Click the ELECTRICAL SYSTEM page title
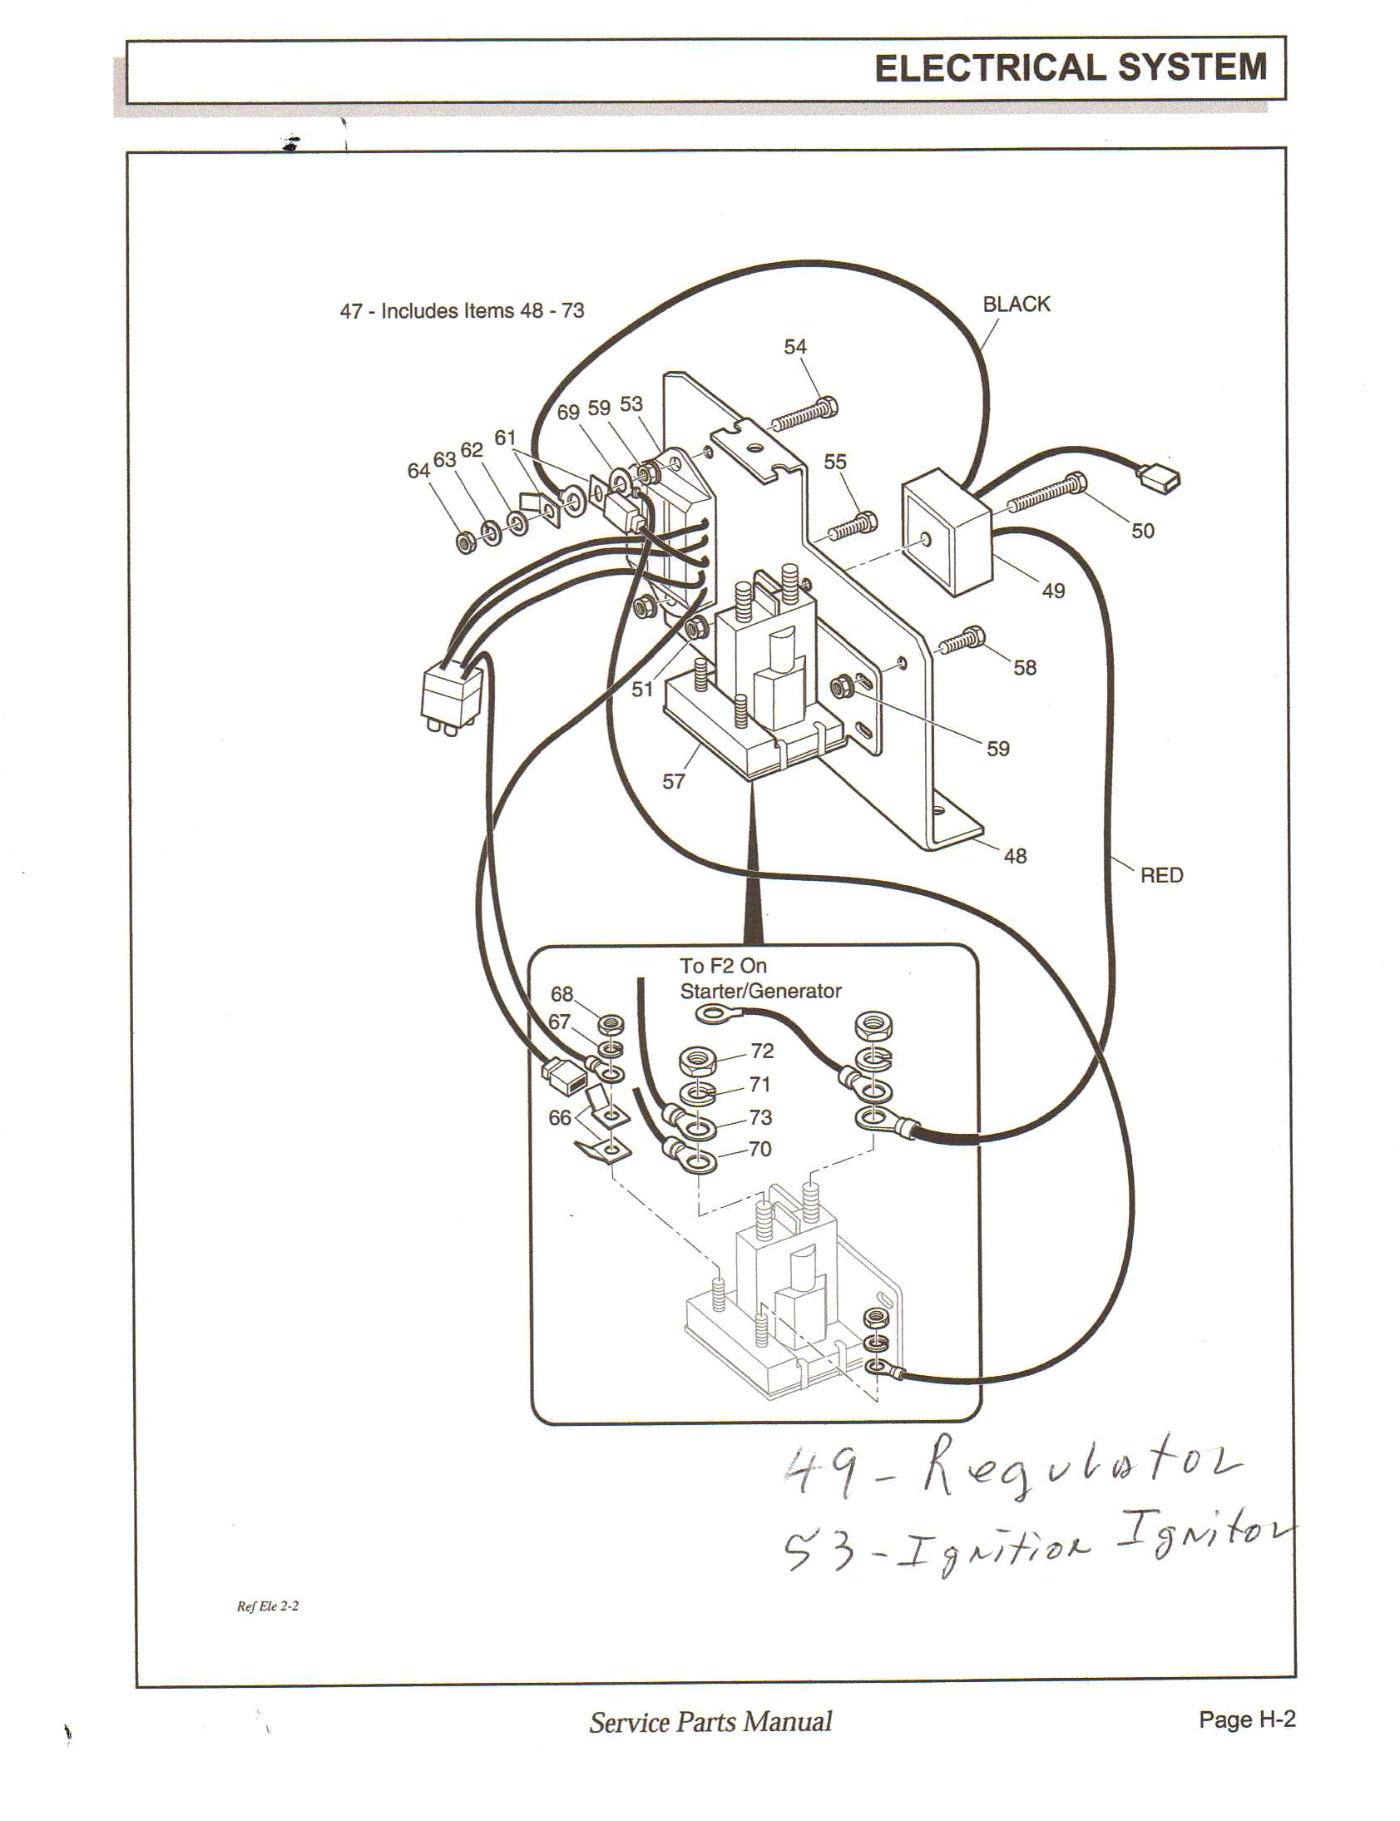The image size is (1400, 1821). point(1070,68)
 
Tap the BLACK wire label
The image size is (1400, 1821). point(1016,304)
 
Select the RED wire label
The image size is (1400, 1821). point(1160,875)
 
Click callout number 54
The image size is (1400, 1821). point(795,347)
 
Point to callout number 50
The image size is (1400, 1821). point(1142,531)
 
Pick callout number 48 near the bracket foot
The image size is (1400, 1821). point(1015,856)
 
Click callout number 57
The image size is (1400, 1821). point(673,782)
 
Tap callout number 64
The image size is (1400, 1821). point(418,471)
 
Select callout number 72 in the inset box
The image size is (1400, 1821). point(762,1051)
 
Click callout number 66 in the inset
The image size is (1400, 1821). point(560,1117)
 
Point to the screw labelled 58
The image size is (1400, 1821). point(963,641)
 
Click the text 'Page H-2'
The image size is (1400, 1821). point(1247,1720)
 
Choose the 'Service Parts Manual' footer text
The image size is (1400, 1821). point(710,1722)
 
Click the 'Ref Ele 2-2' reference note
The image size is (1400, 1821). point(268,1606)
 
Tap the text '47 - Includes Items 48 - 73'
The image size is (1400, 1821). point(462,311)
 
